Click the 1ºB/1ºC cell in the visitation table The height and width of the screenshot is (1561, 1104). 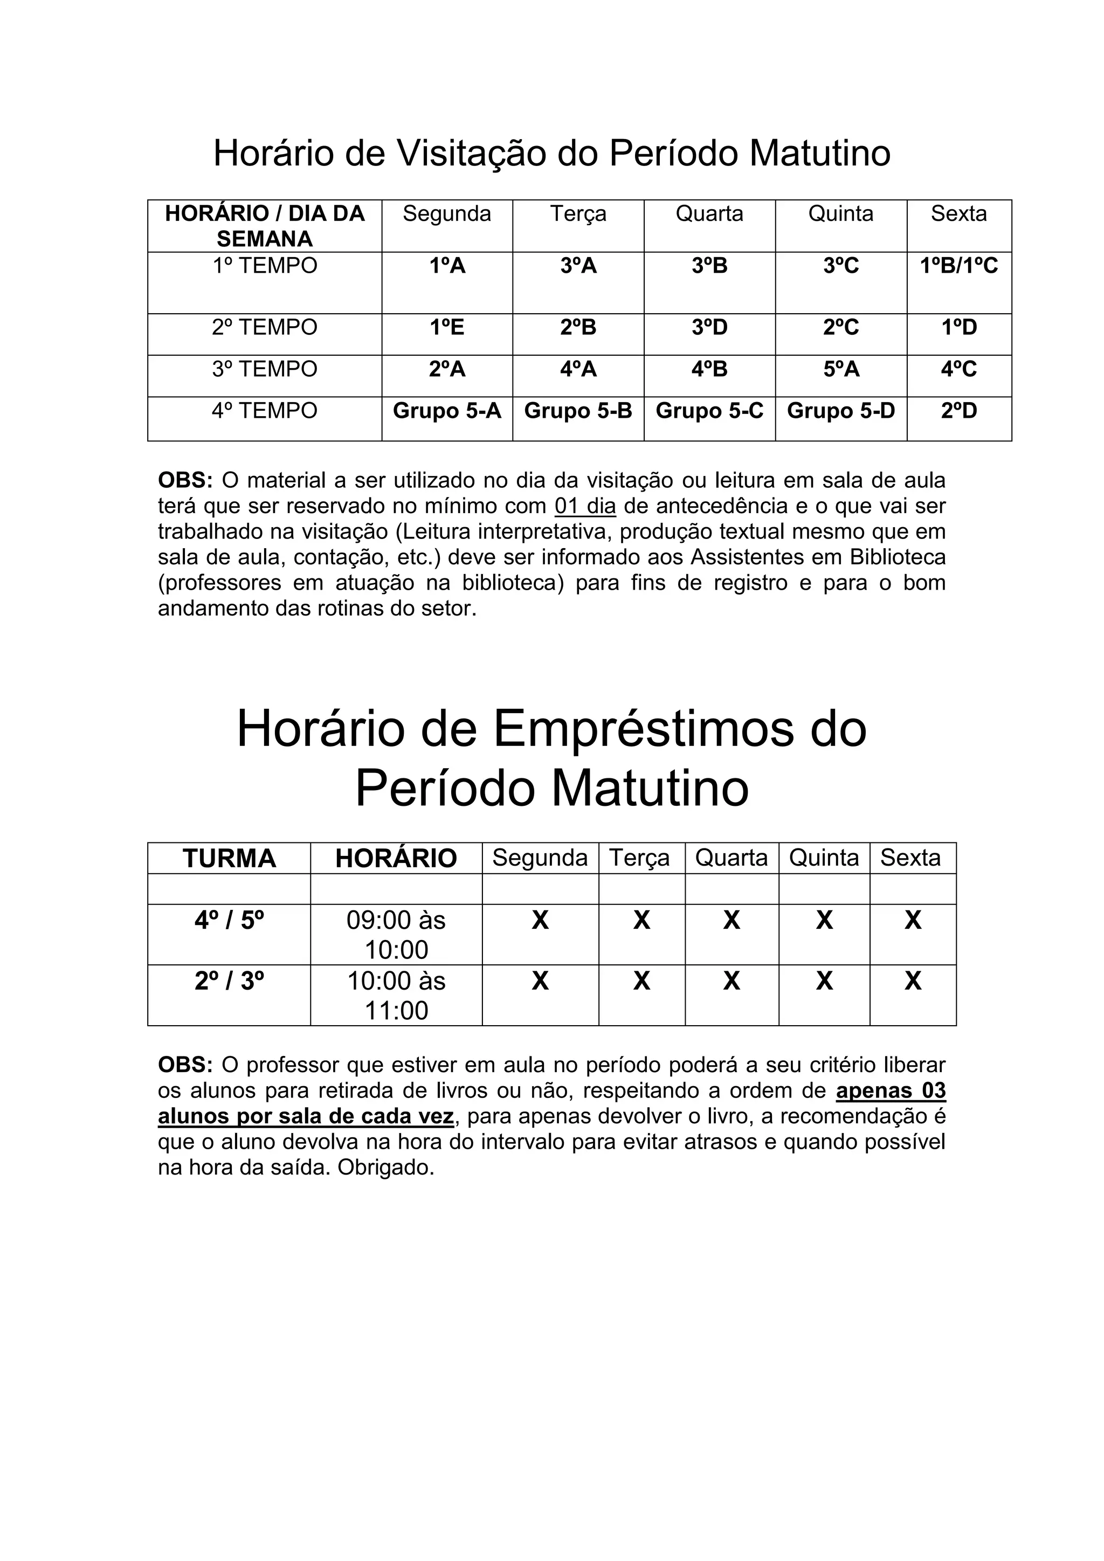(x=958, y=266)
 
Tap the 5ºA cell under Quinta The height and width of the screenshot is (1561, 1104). (x=841, y=369)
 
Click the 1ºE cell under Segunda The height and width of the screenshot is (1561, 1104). (x=447, y=328)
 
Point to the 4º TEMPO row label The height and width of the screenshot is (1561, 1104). (x=265, y=411)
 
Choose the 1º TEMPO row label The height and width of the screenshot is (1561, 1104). (x=265, y=266)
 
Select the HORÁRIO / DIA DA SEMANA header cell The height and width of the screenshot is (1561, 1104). (x=265, y=226)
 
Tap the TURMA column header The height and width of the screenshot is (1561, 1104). (x=229, y=858)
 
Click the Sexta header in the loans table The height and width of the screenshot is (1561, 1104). (x=910, y=858)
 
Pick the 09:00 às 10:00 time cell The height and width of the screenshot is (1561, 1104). (x=396, y=935)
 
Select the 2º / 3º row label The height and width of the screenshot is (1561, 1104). (x=229, y=981)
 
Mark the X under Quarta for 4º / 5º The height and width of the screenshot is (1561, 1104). (x=732, y=921)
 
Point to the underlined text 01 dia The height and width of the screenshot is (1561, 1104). (x=585, y=507)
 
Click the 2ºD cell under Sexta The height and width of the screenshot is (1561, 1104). (x=958, y=411)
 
